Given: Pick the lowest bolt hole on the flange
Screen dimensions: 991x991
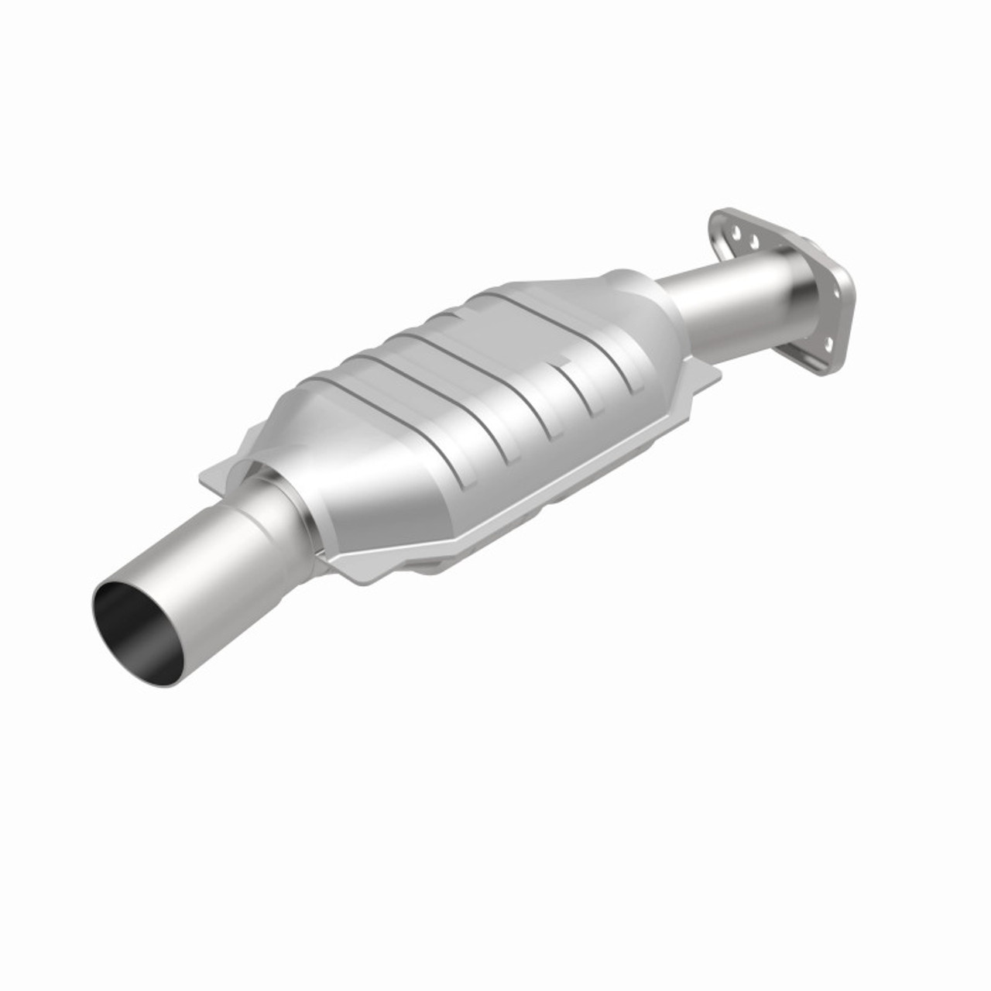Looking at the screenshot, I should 826,341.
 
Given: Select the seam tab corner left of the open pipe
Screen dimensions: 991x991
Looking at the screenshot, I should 213,480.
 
